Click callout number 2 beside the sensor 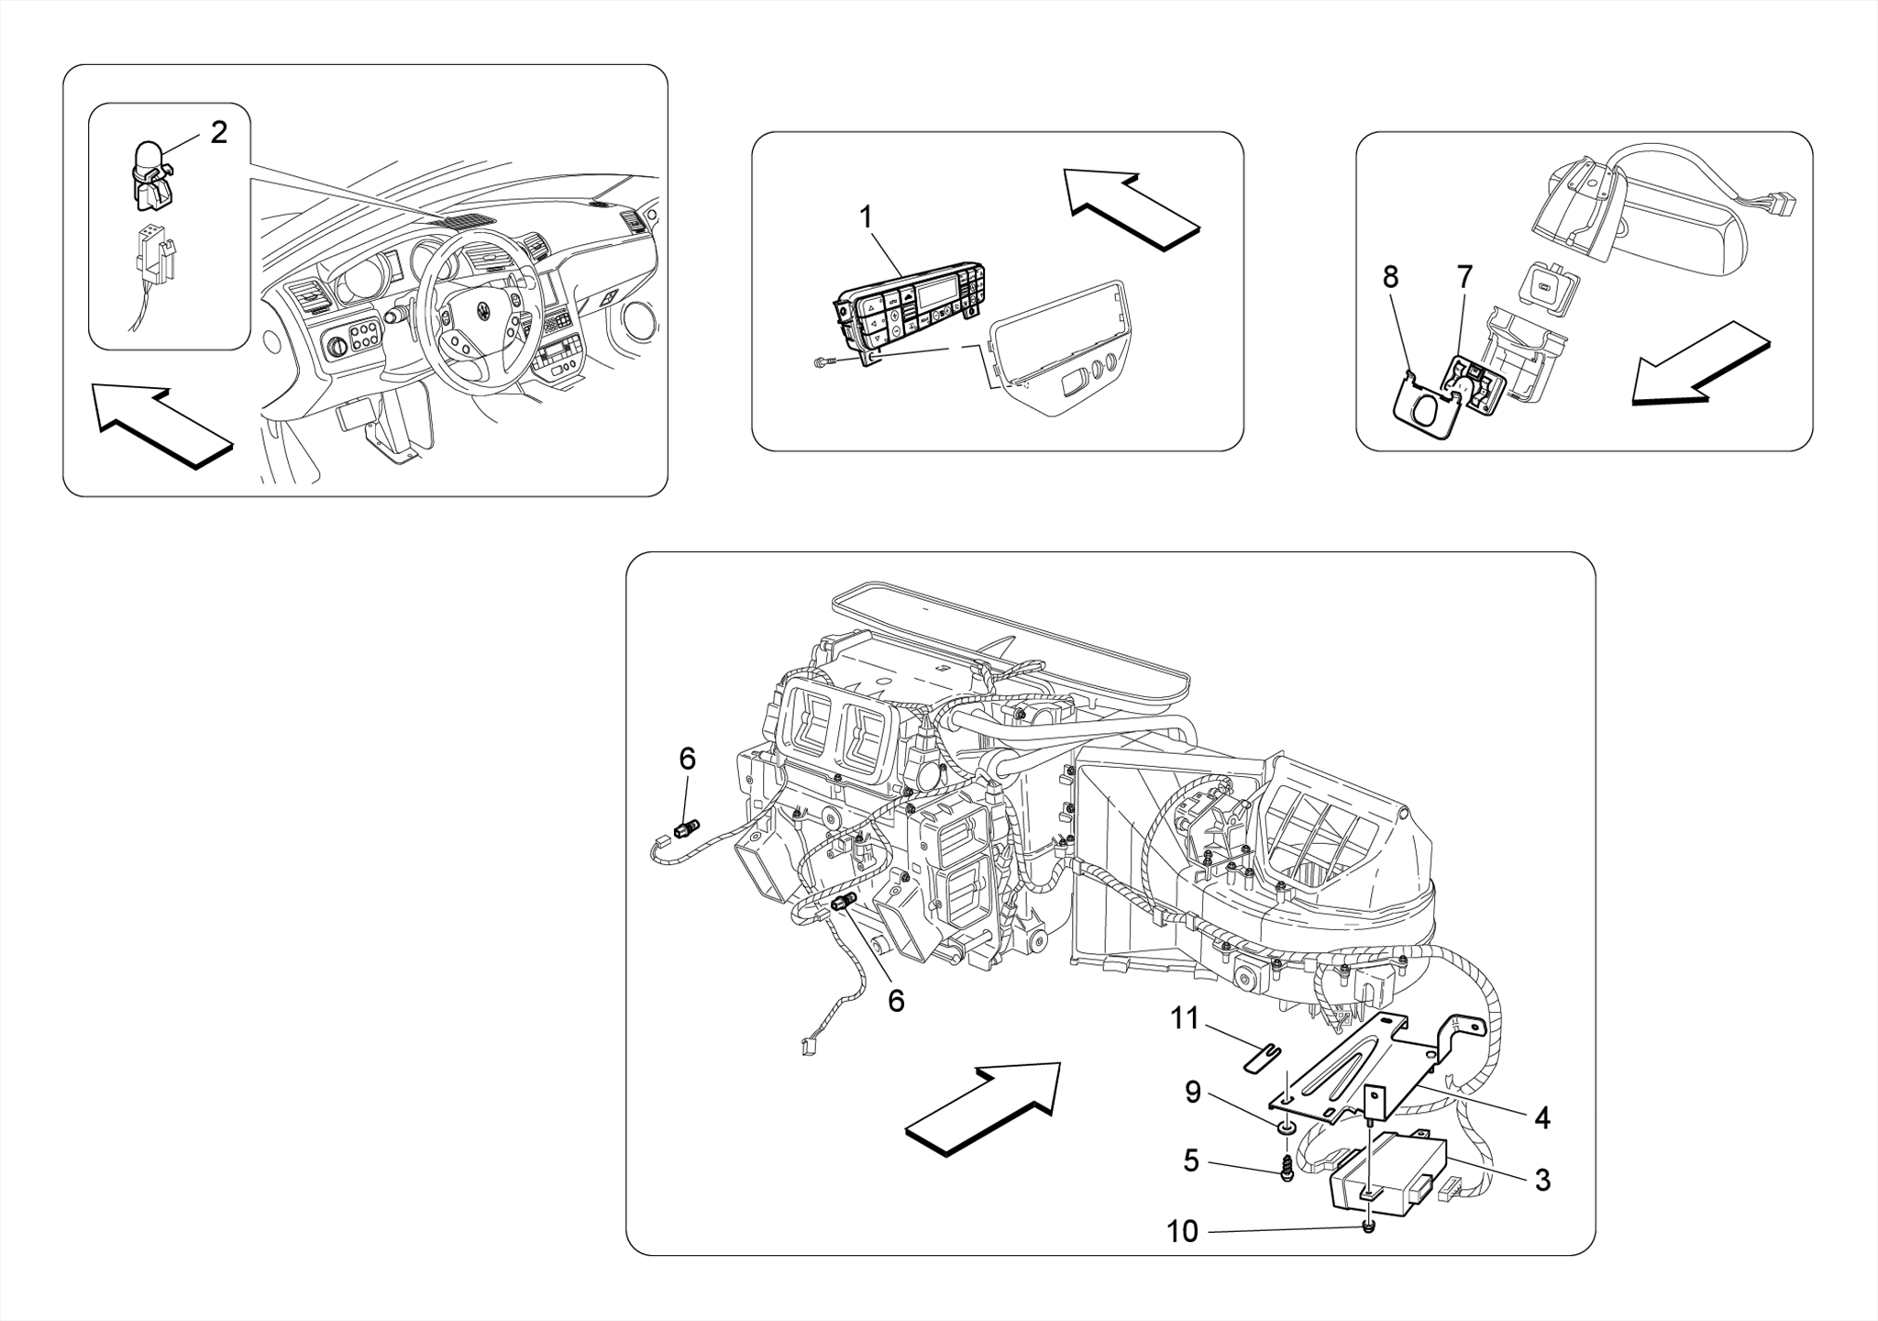218,132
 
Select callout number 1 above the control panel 865,216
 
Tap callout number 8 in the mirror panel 1390,276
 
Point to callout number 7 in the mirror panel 1464,276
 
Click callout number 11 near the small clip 1185,1018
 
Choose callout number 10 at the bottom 1182,1232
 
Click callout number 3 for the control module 1542,1181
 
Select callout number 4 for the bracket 1542,1117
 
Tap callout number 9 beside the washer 1192,1092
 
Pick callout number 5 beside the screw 1190,1161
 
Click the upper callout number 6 687,759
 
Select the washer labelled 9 1286,1127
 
